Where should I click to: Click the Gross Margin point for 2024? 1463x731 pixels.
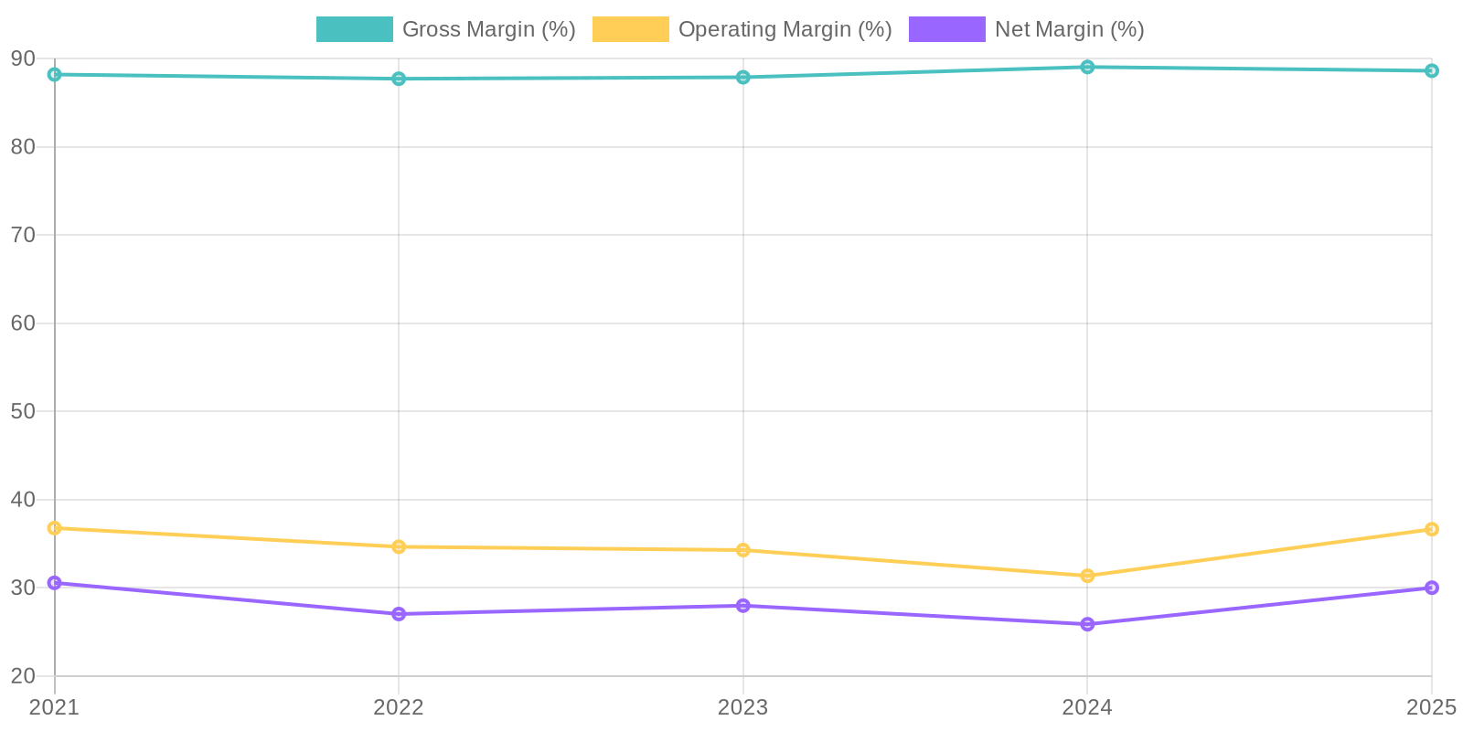(1087, 67)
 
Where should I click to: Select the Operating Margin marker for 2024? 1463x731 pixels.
(1087, 576)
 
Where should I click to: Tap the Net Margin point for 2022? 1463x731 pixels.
(399, 614)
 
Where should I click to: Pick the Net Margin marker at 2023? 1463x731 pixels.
(743, 606)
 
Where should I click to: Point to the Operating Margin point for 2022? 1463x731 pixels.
(399, 546)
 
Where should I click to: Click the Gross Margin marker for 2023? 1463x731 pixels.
(743, 77)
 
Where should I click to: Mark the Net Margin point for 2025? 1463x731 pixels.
(1431, 588)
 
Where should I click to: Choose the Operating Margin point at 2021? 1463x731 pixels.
(55, 528)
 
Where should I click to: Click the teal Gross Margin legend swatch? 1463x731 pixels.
(354, 29)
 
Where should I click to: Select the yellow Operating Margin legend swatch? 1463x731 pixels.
(630, 29)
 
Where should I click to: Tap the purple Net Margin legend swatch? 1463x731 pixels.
(946, 29)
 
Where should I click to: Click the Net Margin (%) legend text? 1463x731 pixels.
(1069, 29)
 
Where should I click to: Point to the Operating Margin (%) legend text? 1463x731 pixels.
(785, 29)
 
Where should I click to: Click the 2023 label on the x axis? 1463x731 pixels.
(743, 707)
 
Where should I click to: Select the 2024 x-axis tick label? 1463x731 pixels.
(1087, 707)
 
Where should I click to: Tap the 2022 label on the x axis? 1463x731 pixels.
(399, 707)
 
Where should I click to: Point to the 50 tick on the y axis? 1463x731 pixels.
(23, 411)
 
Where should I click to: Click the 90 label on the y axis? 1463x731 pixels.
(23, 58)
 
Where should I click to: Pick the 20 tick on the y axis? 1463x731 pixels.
(23, 676)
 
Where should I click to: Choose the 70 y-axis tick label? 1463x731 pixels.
(23, 235)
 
